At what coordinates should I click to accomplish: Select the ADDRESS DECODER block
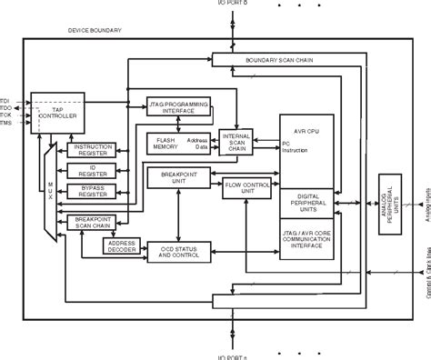121,246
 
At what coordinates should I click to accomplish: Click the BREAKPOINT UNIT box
177,176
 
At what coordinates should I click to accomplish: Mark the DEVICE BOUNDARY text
95,31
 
